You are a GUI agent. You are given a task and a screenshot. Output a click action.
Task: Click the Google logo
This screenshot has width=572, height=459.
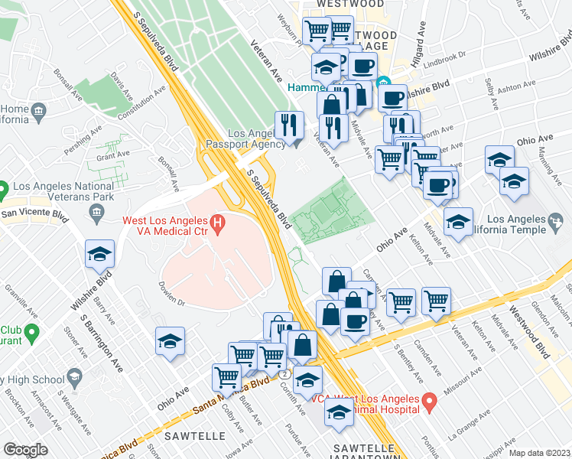point(26,450)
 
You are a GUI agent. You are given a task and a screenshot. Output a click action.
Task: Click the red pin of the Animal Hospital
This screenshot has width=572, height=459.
point(430,400)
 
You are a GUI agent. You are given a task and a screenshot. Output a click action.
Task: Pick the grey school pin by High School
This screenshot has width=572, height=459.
point(74,376)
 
